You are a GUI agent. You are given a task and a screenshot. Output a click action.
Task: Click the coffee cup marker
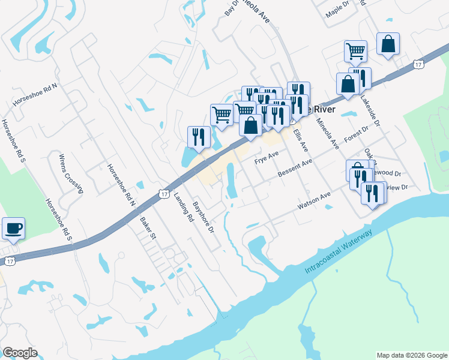point(13,229)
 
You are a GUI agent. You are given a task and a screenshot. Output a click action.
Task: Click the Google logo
point(20,353)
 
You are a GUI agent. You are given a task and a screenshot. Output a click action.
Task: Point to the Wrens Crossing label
point(70,175)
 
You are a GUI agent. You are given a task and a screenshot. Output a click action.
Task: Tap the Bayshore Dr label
point(203,217)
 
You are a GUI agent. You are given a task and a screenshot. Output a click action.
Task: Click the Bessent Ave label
point(295,168)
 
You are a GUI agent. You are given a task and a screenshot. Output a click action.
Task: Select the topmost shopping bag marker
point(388,44)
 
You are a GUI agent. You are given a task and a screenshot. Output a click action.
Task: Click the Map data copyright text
point(411,355)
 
